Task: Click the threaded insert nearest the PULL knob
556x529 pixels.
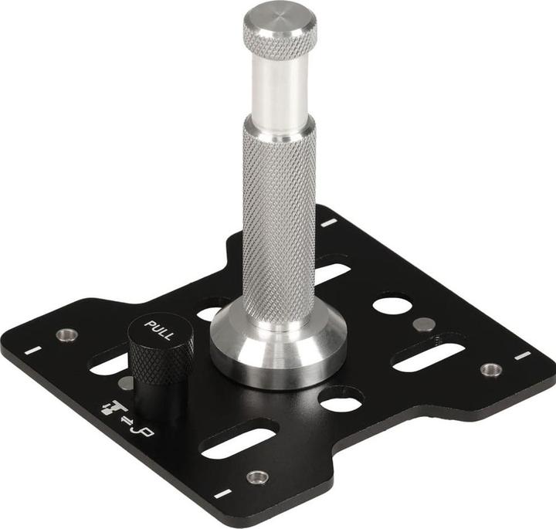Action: coord(67,335)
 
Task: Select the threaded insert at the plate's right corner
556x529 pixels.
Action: coord(490,369)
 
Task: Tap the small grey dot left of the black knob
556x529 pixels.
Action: coord(124,382)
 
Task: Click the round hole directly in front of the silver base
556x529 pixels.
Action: coord(341,402)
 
